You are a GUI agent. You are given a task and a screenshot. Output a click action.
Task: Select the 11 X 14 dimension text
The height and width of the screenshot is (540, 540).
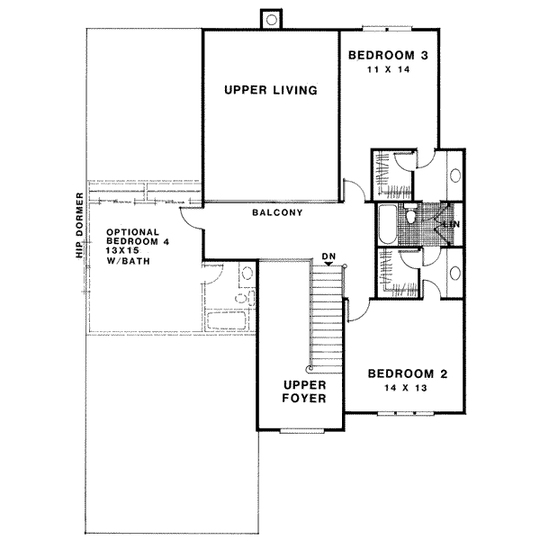[387, 69]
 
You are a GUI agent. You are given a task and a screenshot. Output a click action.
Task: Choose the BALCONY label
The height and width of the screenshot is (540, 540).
[276, 213]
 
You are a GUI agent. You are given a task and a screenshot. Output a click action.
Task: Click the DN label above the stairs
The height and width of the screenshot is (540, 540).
[329, 257]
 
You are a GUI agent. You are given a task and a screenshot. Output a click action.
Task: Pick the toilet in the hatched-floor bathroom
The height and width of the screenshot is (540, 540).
[410, 216]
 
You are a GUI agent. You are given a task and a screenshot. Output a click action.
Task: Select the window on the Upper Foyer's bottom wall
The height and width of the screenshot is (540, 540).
[301, 432]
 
